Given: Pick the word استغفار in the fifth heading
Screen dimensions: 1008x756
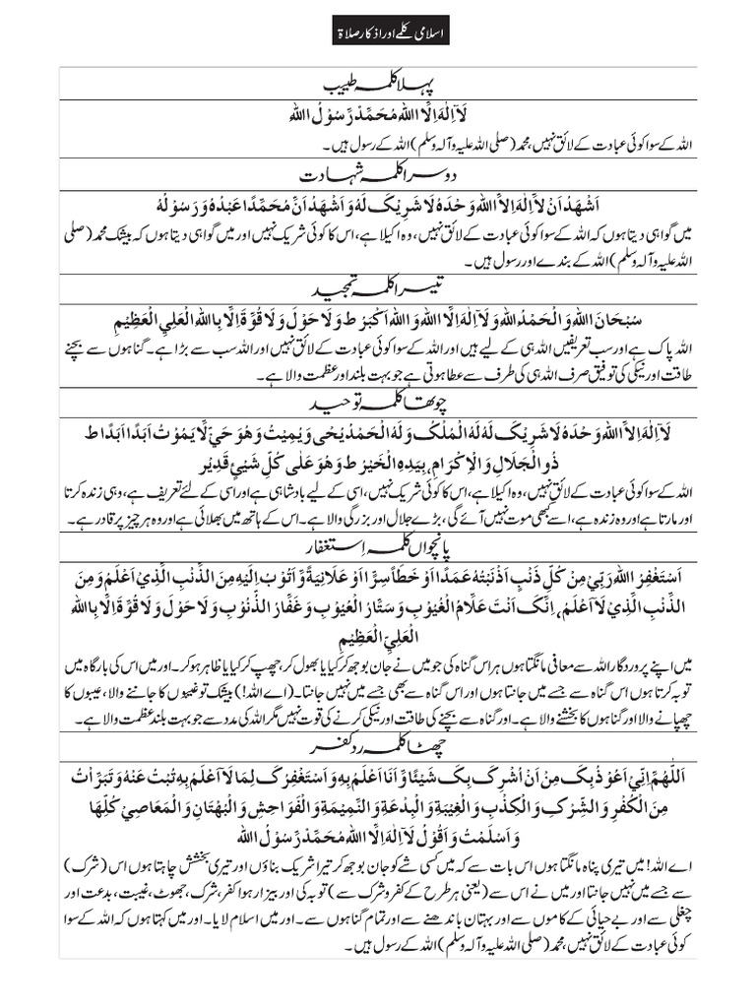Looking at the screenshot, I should (350, 541).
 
